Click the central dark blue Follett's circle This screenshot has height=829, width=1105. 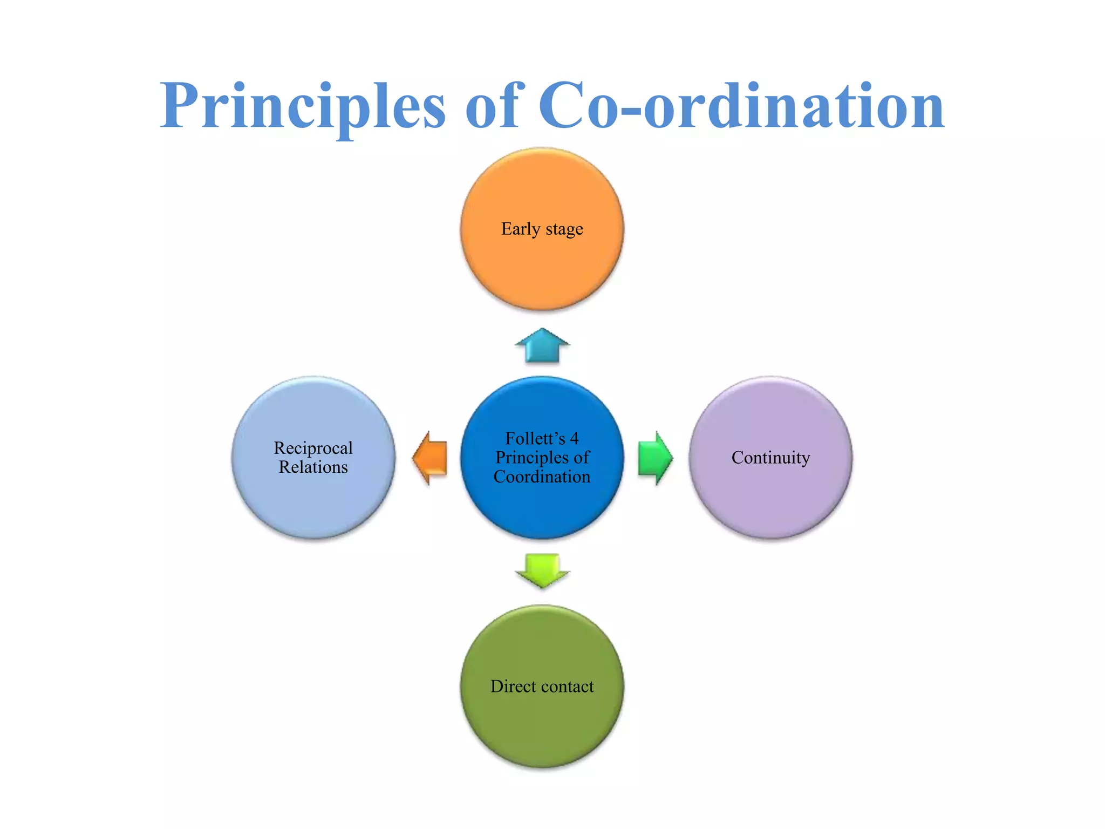[x=542, y=507]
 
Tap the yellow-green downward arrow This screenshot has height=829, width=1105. [x=542, y=570]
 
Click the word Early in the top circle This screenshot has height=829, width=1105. [x=521, y=229]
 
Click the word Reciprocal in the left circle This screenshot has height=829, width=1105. [x=313, y=448]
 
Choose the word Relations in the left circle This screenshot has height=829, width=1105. [x=313, y=467]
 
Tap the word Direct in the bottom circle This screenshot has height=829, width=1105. [x=513, y=686]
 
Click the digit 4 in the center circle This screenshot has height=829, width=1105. [x=574, y=438]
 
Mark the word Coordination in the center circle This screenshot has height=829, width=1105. [x=542, y=477]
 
